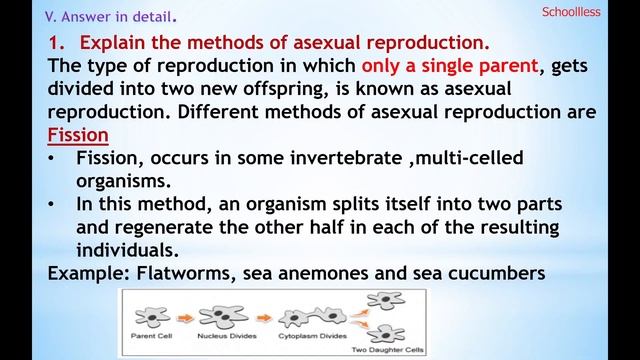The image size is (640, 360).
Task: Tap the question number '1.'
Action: tap(57, 43)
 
